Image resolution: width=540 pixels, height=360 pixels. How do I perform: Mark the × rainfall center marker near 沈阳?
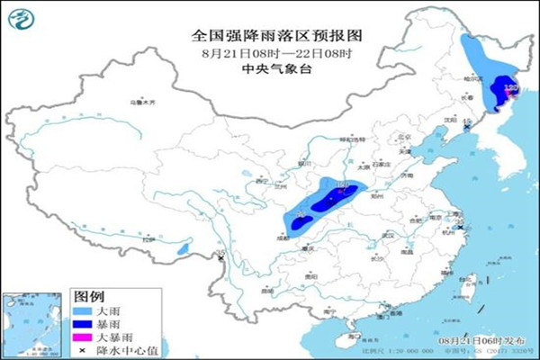click(x=466, y=129)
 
